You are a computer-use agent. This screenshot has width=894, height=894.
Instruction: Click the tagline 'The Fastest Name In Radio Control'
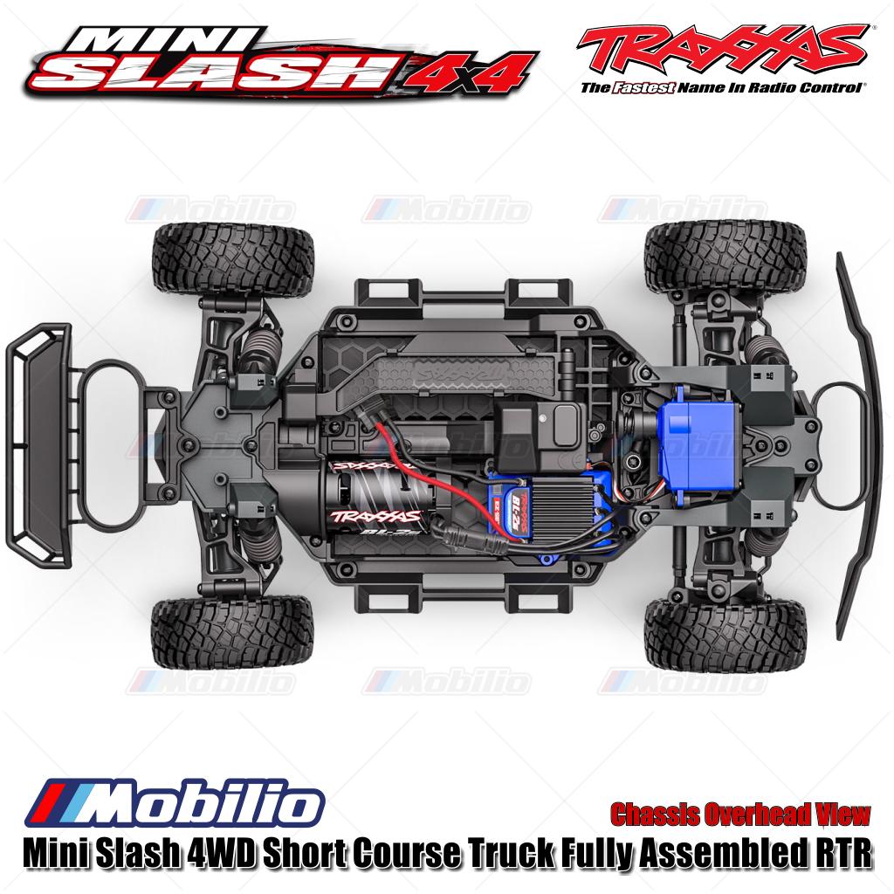[724, 88]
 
